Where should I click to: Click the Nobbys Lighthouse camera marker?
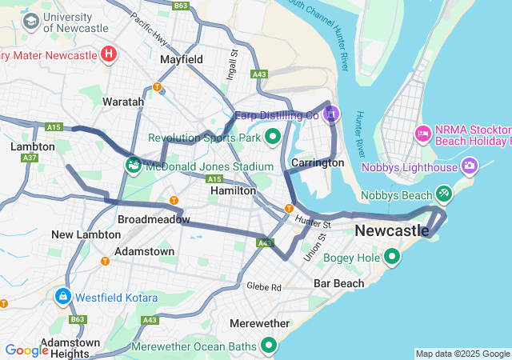tap(470, 166)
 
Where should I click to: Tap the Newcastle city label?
tap(392, 230)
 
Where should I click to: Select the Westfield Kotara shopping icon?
tap(62, 297)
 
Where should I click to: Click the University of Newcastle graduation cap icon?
tap(31, 20)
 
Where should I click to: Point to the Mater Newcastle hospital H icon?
tap(109, 54)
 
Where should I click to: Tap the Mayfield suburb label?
tap(181, 59)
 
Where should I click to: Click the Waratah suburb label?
tap(122, 102)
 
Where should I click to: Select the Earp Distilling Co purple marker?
tap(332, 114)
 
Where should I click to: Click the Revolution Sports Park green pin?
tap(273, 138)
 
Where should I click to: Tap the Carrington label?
tap(318, 162)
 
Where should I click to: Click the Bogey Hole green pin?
tap(392, 257)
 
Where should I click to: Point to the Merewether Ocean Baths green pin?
tap(269, 346)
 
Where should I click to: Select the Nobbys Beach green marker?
tap(444, 193)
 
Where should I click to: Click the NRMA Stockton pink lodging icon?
tap(422, 132)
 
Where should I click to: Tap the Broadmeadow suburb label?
tap(154, 218)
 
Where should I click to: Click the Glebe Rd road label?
tap(264, 286)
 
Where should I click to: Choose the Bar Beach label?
tap(338, 283)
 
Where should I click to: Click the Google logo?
tap(26, 350)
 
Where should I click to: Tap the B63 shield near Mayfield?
tap(181, 6)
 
